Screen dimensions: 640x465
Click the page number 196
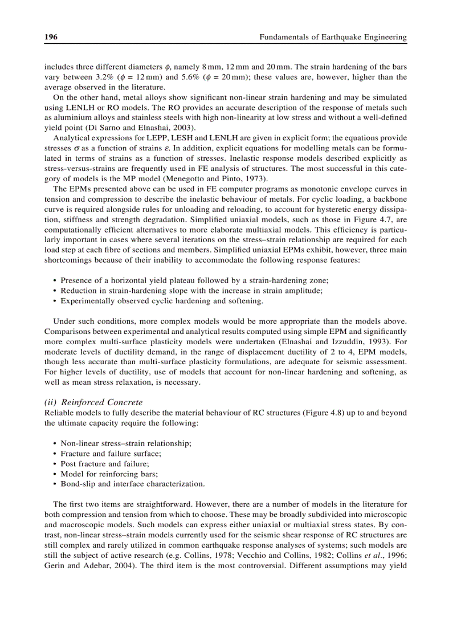point(51,37)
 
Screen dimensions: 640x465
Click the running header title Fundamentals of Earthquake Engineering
point(333,37)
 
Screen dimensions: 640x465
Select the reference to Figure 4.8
point(313,412)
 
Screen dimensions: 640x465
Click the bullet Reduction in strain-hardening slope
point(191,290)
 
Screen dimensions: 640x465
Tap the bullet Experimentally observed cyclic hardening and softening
point(162,300)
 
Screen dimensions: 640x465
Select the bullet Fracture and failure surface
point(111,453)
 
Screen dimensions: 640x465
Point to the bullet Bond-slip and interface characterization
point(132,484)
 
